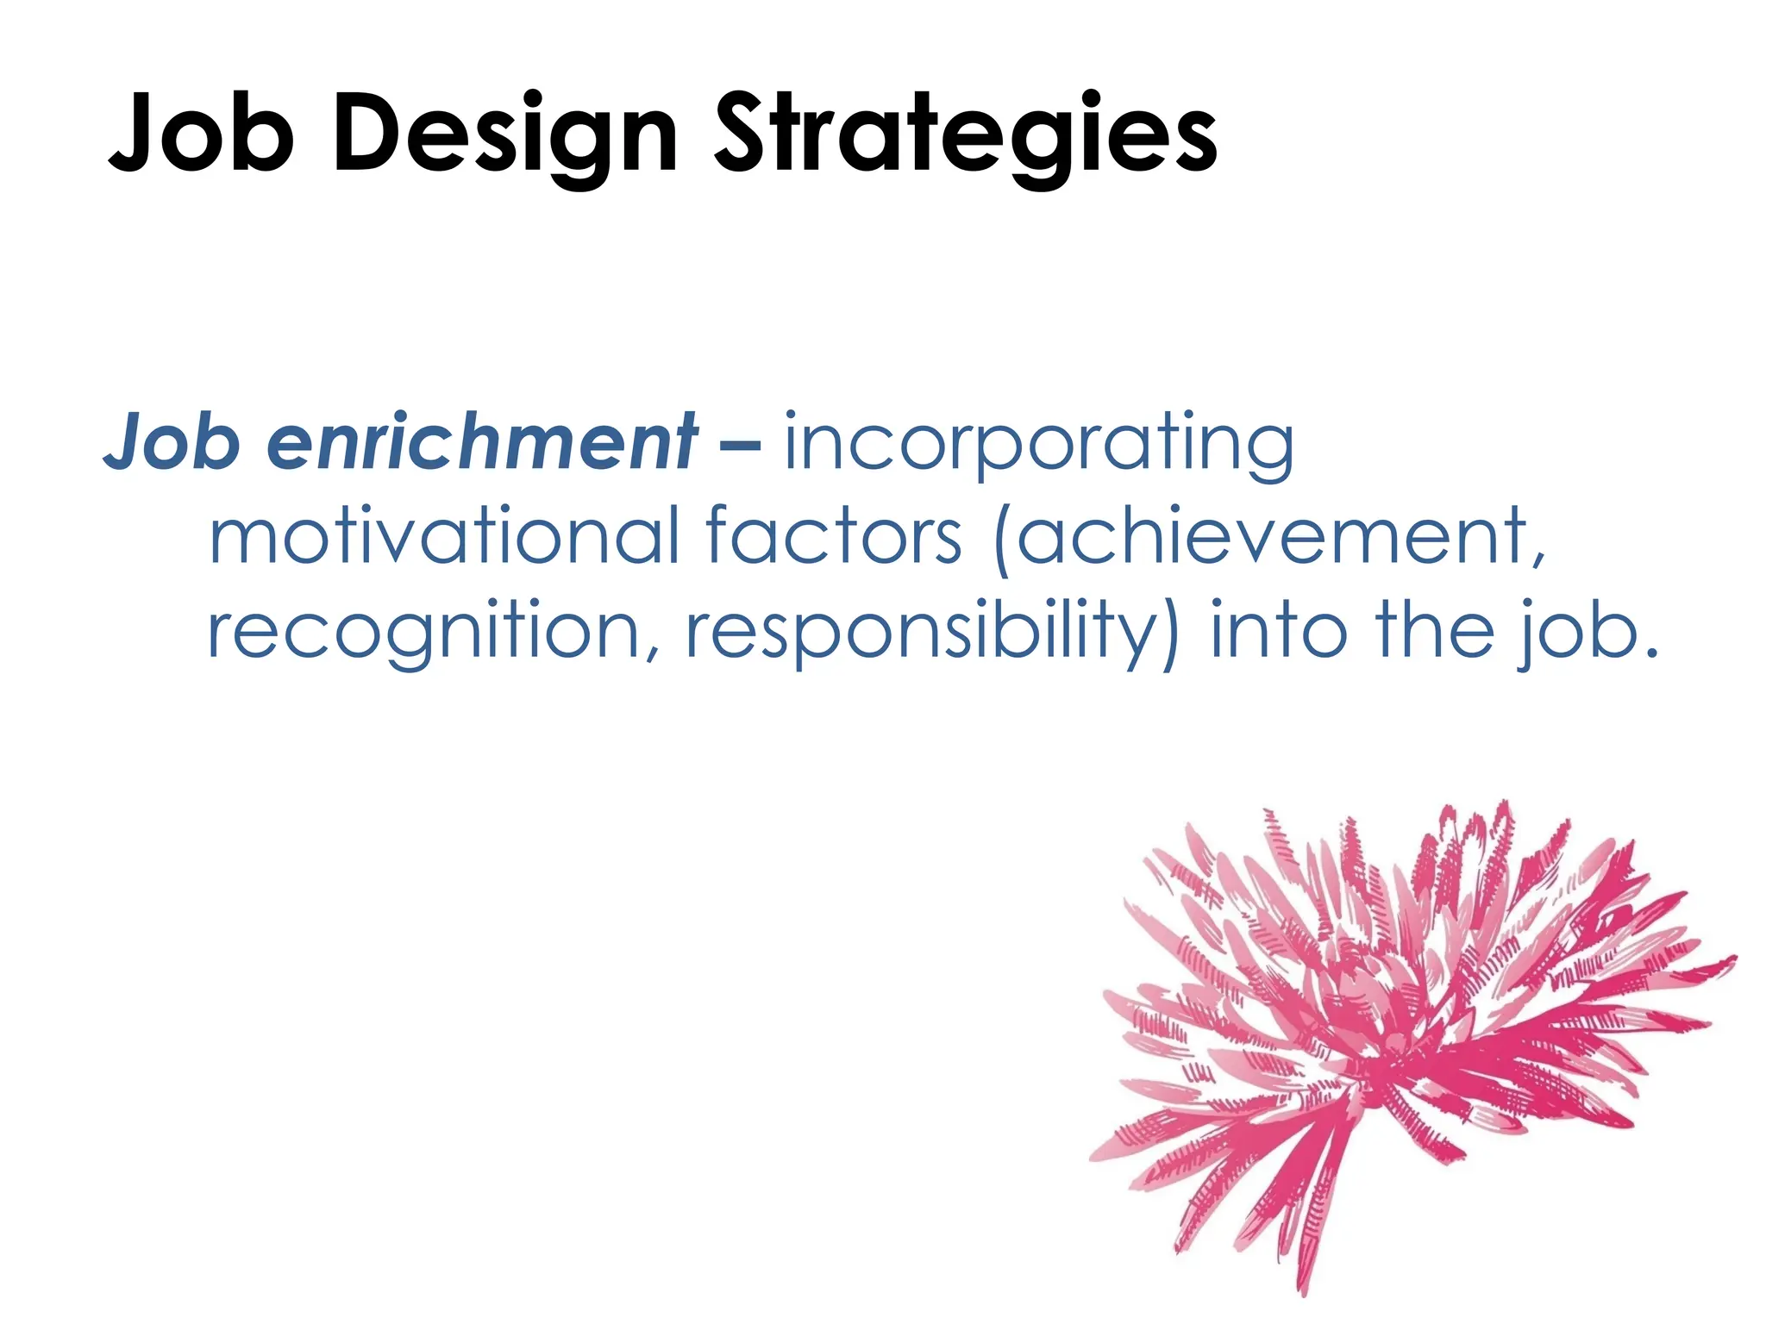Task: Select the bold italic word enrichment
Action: tap(482, 441)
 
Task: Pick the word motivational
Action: tap(445, 536)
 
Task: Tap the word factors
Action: tap(833, 536)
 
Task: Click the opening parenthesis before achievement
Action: tap(1003, 540)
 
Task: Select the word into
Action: tap(1279, 630)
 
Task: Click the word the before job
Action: tap(1435, 630)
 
